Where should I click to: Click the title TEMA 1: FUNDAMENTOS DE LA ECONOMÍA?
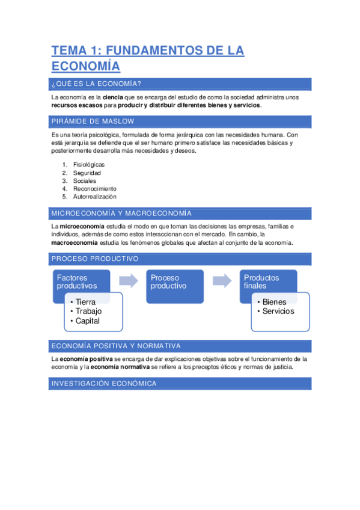click(147, 58)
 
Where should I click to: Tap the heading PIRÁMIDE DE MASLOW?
click(93, 121)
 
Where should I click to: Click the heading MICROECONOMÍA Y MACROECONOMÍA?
click(121, 214)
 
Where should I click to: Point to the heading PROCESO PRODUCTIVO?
click(95, 259)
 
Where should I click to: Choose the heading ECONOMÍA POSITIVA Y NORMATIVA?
click(115, 346)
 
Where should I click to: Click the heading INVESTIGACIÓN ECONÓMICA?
click(104, 384)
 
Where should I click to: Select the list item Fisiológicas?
click(88, 164)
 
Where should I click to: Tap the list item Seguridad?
click(87, 173)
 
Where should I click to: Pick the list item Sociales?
click(84, 180)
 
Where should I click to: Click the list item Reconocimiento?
click(94, 189)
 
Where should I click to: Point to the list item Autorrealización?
click(94, 197)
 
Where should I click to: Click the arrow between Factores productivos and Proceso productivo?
click(128, 280)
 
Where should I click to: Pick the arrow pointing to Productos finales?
click(222, 280)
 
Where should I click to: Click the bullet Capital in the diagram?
click(87, 321)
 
